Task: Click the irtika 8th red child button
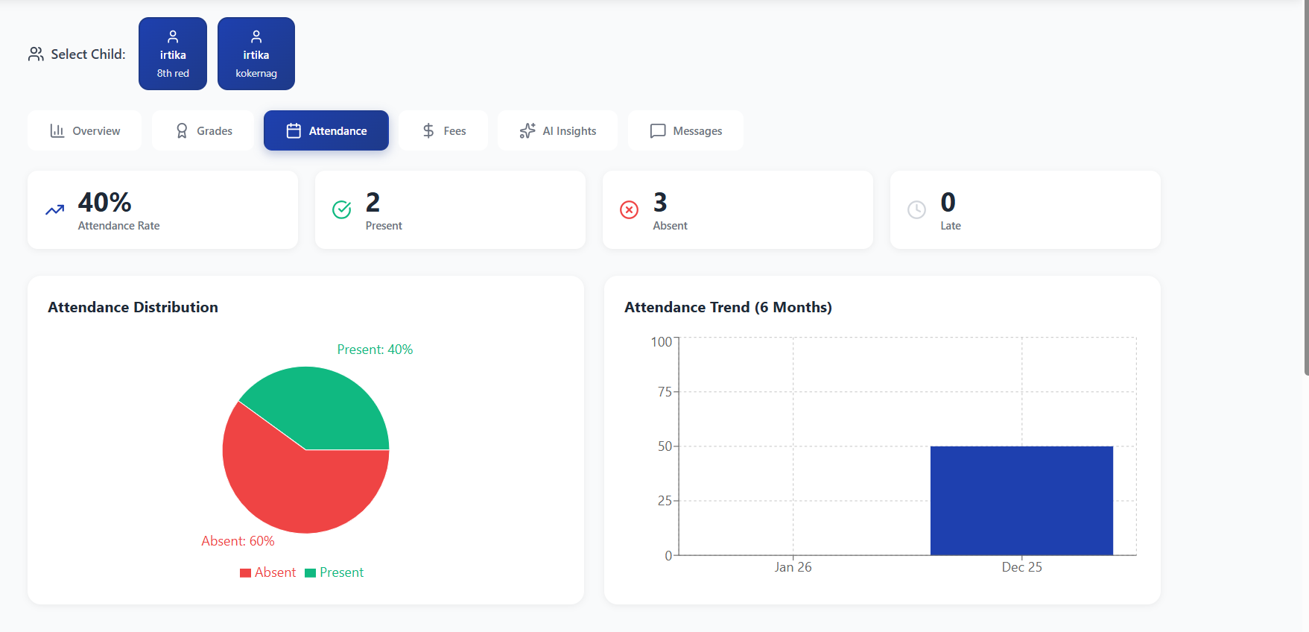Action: pyautogui.click(x=173, y=54)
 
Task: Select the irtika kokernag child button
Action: pyautogui.click(x=256, y=54)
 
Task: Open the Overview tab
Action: pyautogui.click(x=85, y=131)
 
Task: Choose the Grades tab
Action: pyautogui.click(x=203, y=131)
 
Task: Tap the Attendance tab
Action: pyautogui.click(x=326, y=131)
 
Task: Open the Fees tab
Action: pyautogui.click(x=443, y=131)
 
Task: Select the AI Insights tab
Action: pyautogui.click(x=558, y=131)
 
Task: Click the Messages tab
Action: pyautogui.click(x=685, y=131)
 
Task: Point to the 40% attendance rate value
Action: pyautogui.click(x=105, y=203)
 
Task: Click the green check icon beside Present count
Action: pyautogui.click(x=342, y=210)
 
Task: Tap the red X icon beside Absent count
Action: pyautogui.click(x=630, y=210)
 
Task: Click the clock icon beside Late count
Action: pyautogui.click(x=917, y=210)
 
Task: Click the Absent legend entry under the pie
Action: pyautogui.click(x=268, y=572)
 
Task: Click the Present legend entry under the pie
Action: pyautogui.click(x=335, y=572)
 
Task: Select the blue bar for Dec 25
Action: pyautogui.click(x=1021, y=501)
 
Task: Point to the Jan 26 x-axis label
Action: pyautogui.click(x=793, y=567)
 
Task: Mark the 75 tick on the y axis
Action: pyautogui.click(x=665, y=392)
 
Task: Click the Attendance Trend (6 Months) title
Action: pyautogui.click(x=728, y=307)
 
